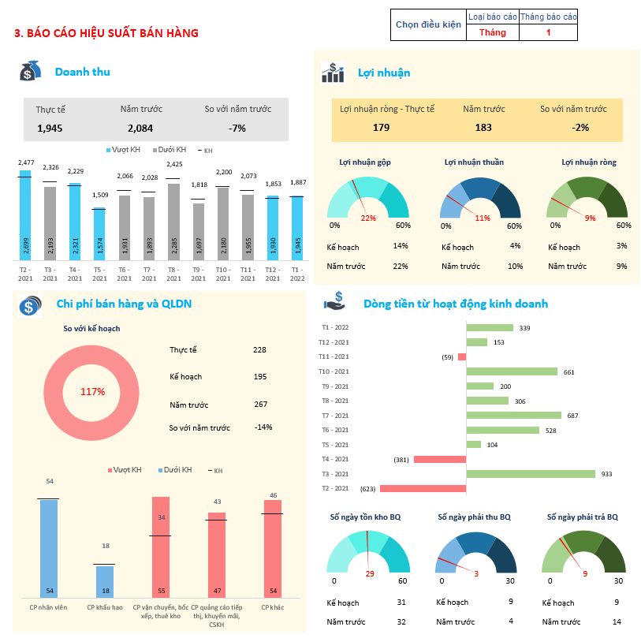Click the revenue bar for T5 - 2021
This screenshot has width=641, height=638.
[x=99, y=234]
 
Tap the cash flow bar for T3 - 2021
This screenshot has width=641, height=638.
[x=531, y=474]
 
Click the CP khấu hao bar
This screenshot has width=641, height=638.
[x=105, y=581]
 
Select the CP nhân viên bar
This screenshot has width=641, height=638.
[x=49, y=547]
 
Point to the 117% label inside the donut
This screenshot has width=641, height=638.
[x=93, y=391]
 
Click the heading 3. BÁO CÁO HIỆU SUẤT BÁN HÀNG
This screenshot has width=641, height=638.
[x=106, y=33]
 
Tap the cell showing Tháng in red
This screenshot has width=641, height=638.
[x=493, y=32]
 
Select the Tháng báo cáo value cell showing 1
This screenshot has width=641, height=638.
[x=549, y=32]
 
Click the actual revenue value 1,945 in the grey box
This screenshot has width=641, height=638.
[x=50, y=128]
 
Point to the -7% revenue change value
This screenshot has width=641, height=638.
[x=237, y=128]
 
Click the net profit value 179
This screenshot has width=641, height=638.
[x=382, y=127]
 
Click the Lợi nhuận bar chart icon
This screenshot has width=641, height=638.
[x=333, y=73]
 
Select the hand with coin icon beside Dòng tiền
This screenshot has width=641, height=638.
[x=334, y=303]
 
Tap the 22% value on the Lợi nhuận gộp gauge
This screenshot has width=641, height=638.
[x=368, y=218]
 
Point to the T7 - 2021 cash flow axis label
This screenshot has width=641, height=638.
[x=335, y=416]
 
